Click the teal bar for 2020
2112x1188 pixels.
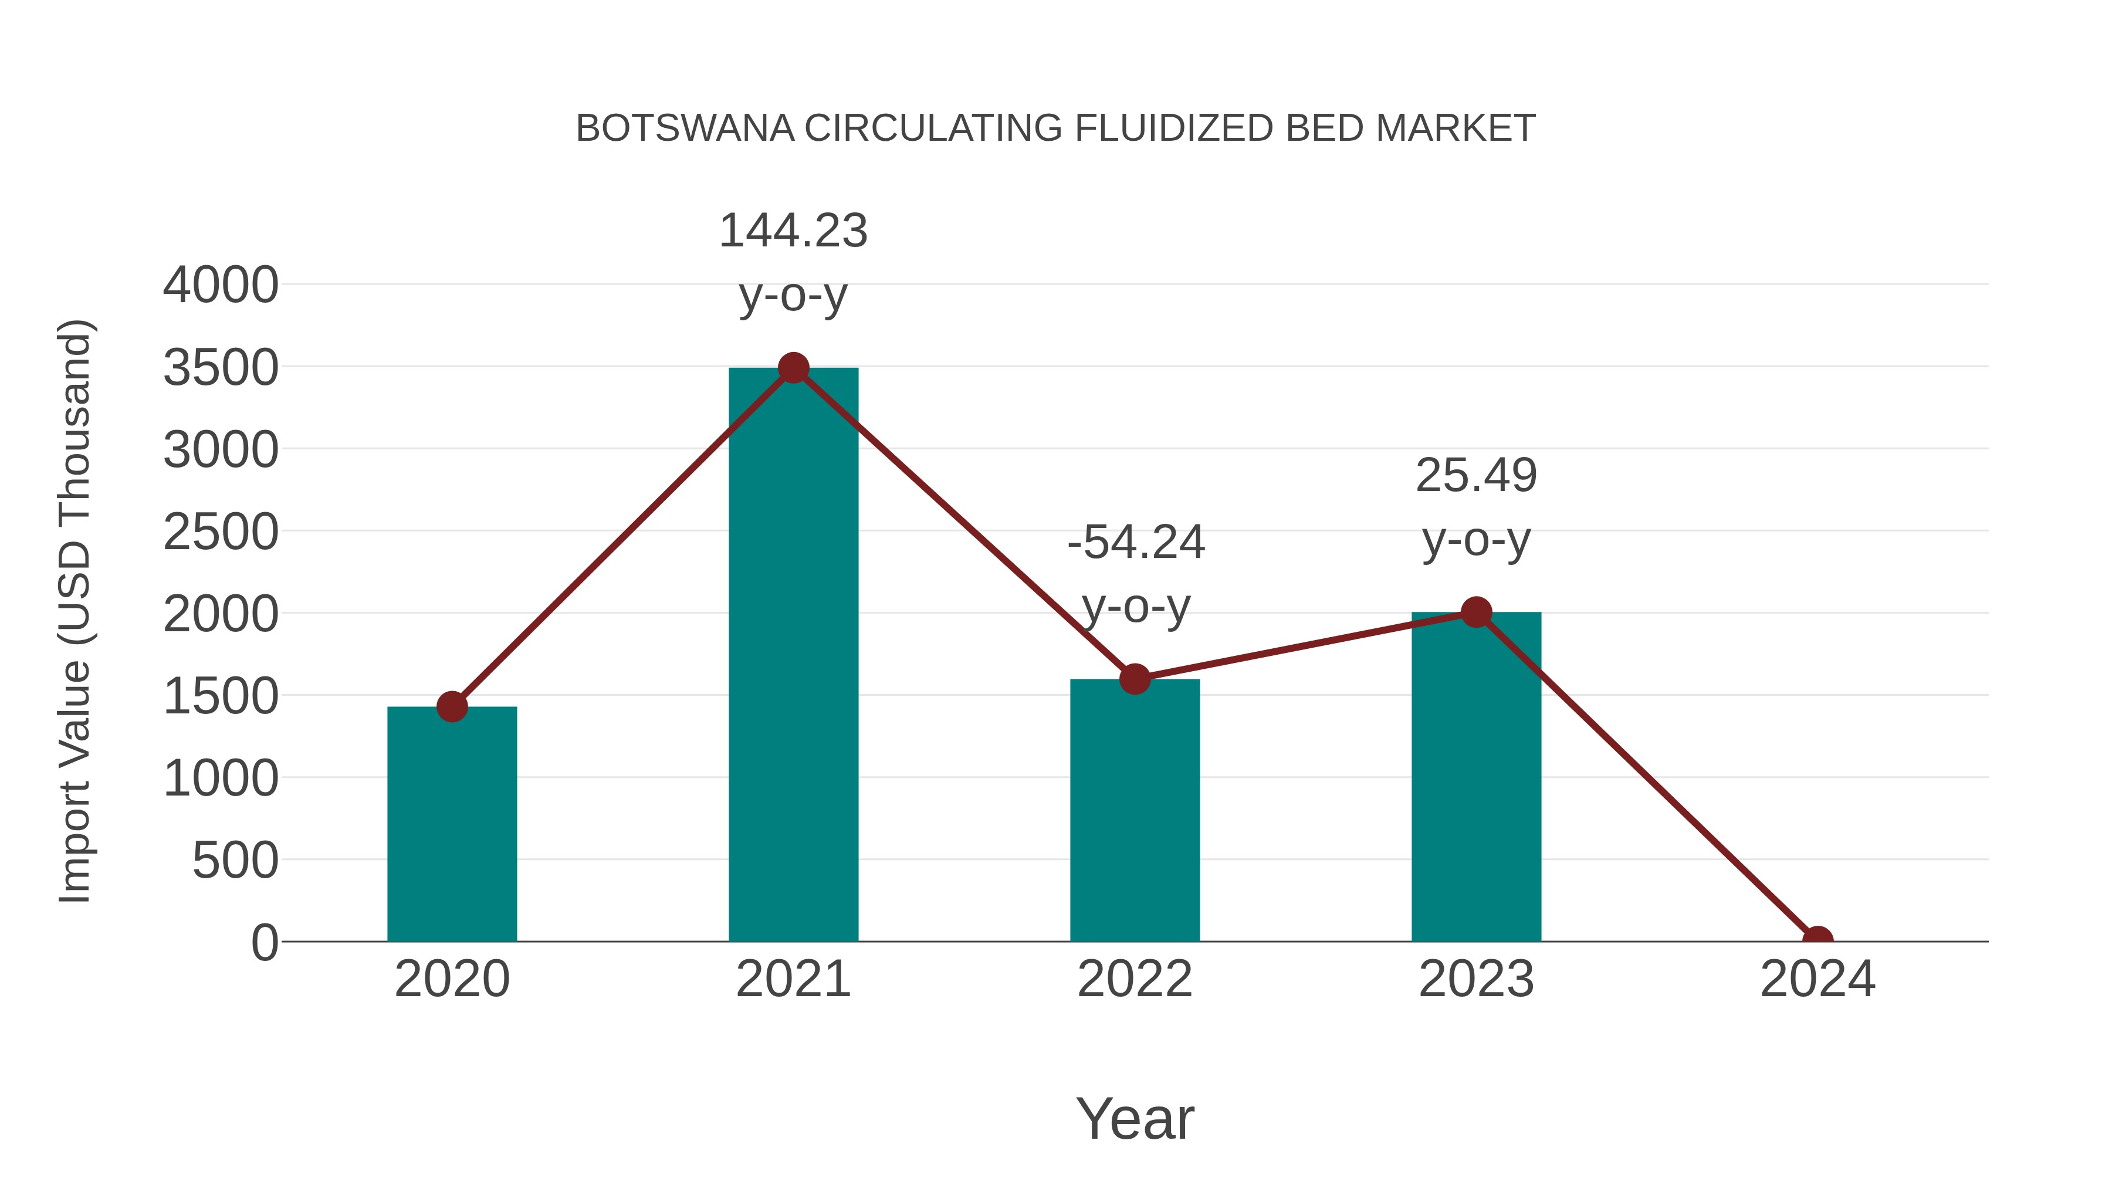click(452, 824)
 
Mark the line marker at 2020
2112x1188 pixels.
click(452, 706)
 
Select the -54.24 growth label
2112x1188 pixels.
click(1136, 542)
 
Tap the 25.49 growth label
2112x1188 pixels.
click(1476, 476)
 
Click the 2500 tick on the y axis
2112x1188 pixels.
click(221, 532)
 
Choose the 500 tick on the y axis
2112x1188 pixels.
click(235, 861)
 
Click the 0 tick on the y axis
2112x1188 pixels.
click(265, 942)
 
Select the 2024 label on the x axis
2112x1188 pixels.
click(1817, 979)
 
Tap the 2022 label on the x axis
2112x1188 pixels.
click(1135, 979)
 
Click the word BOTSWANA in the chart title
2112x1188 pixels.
click(685, 128)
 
